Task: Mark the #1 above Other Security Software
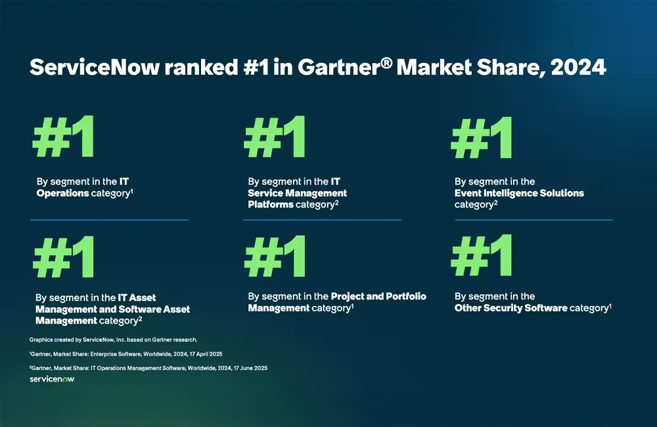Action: click(x=482, y=256)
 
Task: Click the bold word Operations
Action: click(x=62, y=193)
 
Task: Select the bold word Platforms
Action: click(x=270, y=204)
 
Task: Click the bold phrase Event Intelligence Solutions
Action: click(x=519, y=193)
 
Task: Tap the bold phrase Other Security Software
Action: click(x=510, y=308)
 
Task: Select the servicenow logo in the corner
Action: click(x=52, y=379)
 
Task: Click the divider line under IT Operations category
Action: click(x=109, y=219)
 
